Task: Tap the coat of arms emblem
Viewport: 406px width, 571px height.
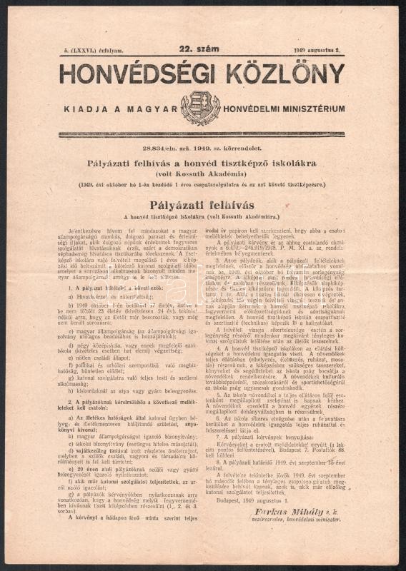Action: [200, 108]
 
